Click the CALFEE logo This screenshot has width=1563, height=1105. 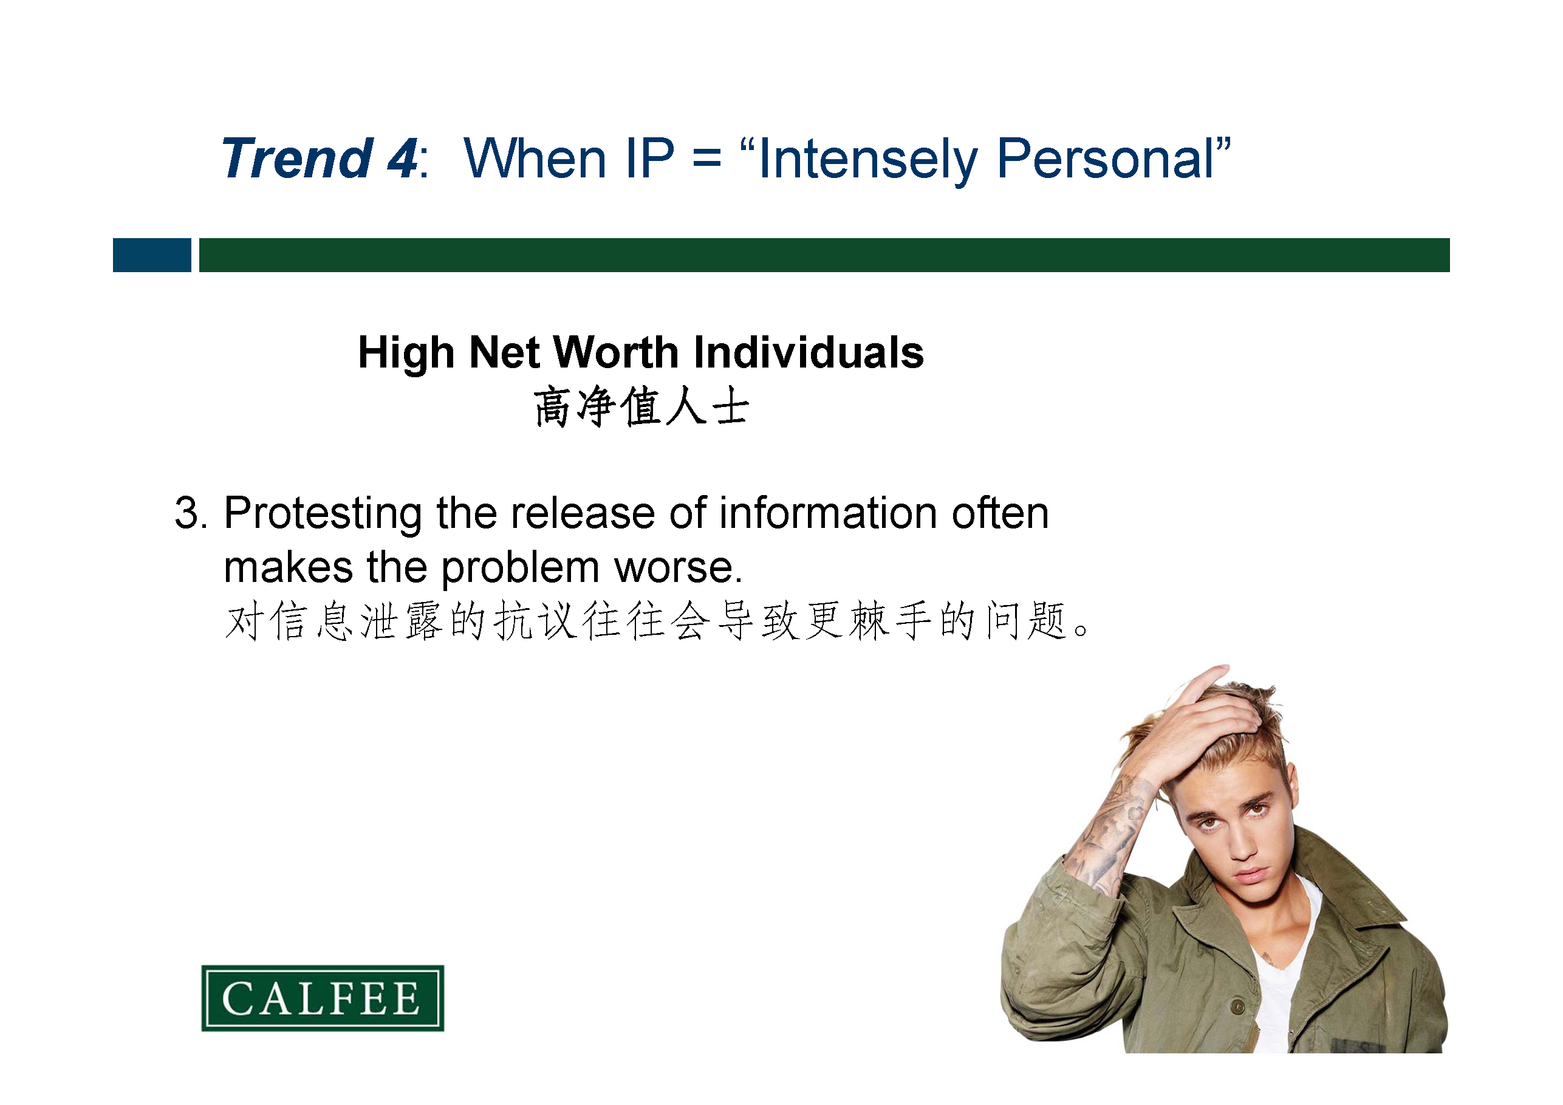pyautogui.click(x=323, y=997)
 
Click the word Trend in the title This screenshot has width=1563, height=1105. pyautogui.click(x=298, y=159)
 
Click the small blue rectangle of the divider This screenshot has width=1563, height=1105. pyautogui.click(x=152, y=255)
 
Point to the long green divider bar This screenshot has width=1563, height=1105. pyautogui.click(x=824, y=255)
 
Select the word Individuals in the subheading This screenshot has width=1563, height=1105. pyautogui.click(x=809, y=353)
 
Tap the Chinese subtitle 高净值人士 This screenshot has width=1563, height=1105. pyautogui.click(x=641, y=407)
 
